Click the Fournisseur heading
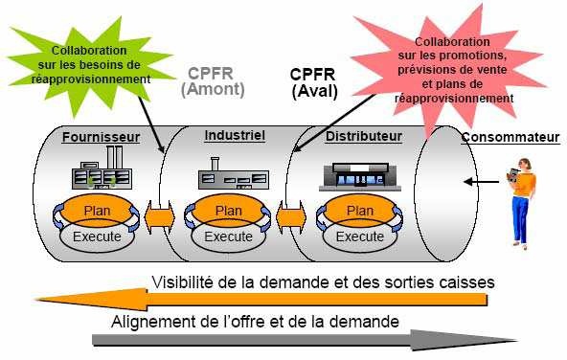coord(102,137)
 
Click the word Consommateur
coord(510,137)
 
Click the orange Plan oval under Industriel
coord(229,211)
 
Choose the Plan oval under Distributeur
coord(360,211)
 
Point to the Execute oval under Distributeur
coord(360,236)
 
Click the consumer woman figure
coord(520,204)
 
